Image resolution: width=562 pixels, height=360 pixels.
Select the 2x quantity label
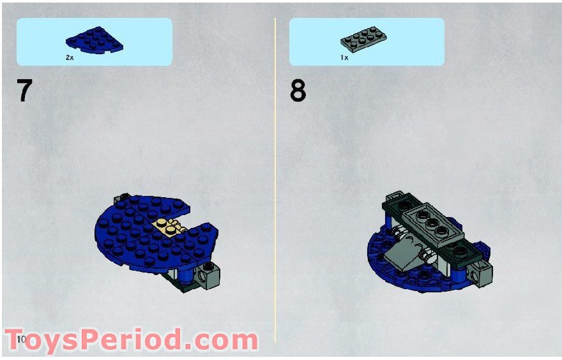[x=70, y=57]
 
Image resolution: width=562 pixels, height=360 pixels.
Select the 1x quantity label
[x=344, y=57]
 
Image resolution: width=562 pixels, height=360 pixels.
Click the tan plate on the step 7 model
[x=167, y=226]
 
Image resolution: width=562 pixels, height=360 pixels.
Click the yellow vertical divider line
[x=275, y=179]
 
